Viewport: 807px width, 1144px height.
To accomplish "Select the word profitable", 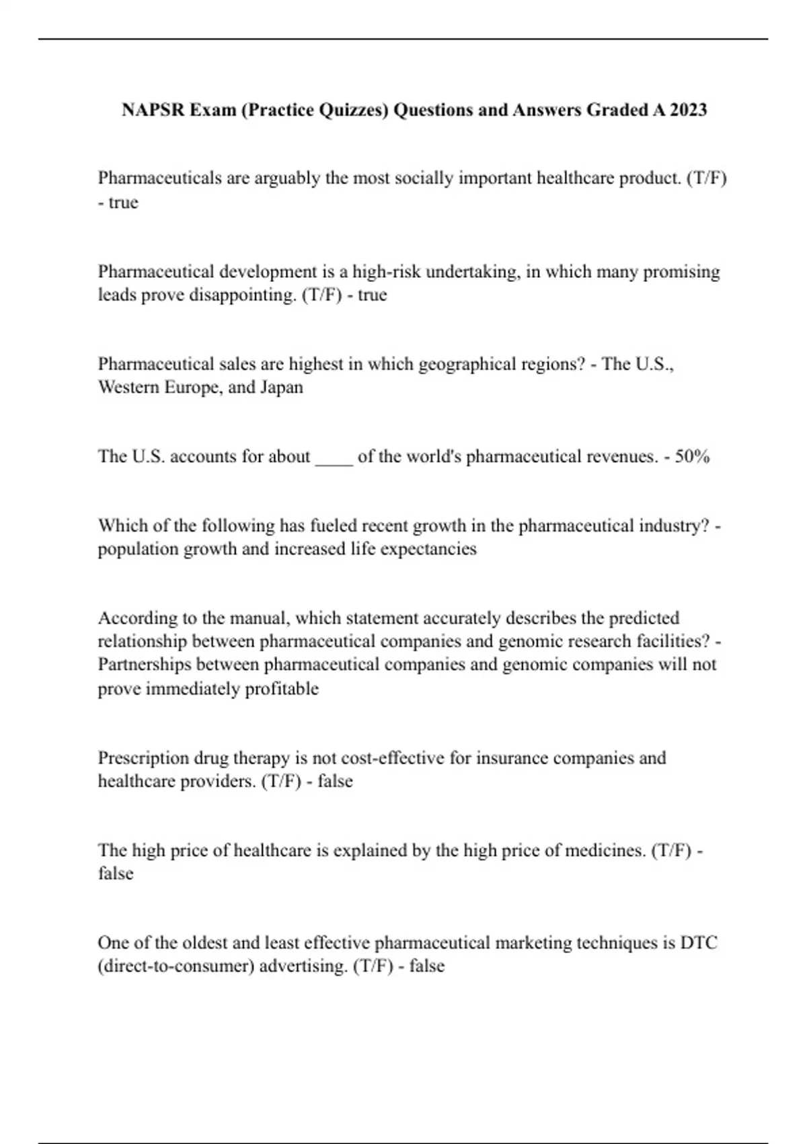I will click(x=282, y=689).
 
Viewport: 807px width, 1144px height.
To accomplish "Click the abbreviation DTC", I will click(x=699, y=943).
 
